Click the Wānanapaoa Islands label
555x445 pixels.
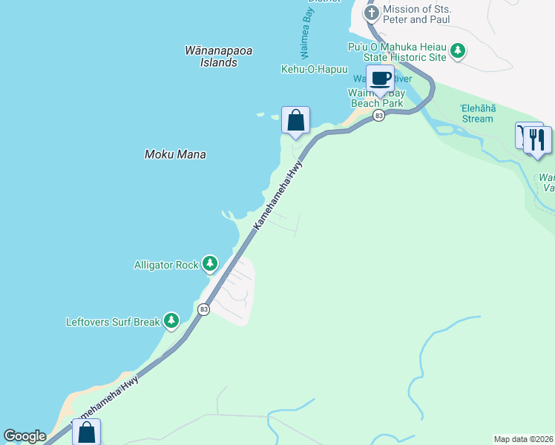(219, 56)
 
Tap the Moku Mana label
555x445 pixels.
(174, 154)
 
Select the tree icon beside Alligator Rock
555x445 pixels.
(211, 263)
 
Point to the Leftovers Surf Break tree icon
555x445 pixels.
(172, 321)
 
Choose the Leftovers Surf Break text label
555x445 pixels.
(113, 322)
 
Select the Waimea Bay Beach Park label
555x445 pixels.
(376, 98)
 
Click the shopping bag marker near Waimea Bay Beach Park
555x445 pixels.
(295, 119)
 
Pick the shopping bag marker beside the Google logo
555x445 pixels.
(86, 432)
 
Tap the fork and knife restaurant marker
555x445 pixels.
(538, 139)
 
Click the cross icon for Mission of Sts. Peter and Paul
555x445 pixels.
(372, 13)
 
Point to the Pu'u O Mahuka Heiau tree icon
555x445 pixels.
(459, 50)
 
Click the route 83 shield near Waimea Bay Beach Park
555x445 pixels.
(379, 116)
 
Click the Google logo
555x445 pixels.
(24, 436)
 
